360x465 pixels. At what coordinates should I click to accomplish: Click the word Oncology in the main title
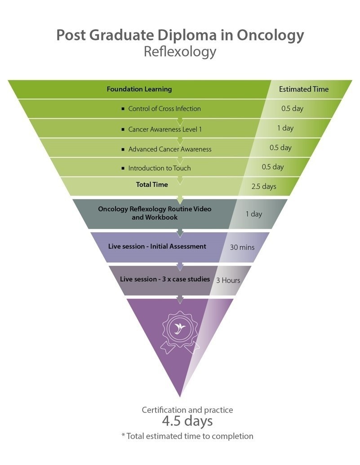point(270,35)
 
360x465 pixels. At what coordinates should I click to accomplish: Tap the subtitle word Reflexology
point(180,52)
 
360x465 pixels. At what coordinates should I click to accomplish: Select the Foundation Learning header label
point(139,89)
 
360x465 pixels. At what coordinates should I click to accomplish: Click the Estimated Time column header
point(304,89)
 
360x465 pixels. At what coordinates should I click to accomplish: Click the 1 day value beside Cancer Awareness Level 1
point(285,128)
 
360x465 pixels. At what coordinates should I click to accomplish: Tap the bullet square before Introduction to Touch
point(123,168)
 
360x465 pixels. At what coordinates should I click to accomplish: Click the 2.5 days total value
point(264,186)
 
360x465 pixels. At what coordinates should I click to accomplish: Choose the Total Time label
point(152,185)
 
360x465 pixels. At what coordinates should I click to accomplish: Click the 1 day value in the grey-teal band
point(254,214)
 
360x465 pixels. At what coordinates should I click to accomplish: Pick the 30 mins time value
point(242,248)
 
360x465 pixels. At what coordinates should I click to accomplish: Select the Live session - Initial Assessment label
point(157,246)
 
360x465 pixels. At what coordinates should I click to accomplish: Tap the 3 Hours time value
point(228,280)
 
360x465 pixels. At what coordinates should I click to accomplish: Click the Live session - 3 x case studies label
point(164,279)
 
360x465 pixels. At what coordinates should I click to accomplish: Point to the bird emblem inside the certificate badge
point(180,328)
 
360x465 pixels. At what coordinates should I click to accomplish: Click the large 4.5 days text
point(187,421)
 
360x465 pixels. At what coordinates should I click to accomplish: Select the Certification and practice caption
point(187,410)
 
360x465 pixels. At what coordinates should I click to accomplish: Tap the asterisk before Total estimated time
point(123,435)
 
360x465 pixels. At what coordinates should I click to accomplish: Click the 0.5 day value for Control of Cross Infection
point(292,109)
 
